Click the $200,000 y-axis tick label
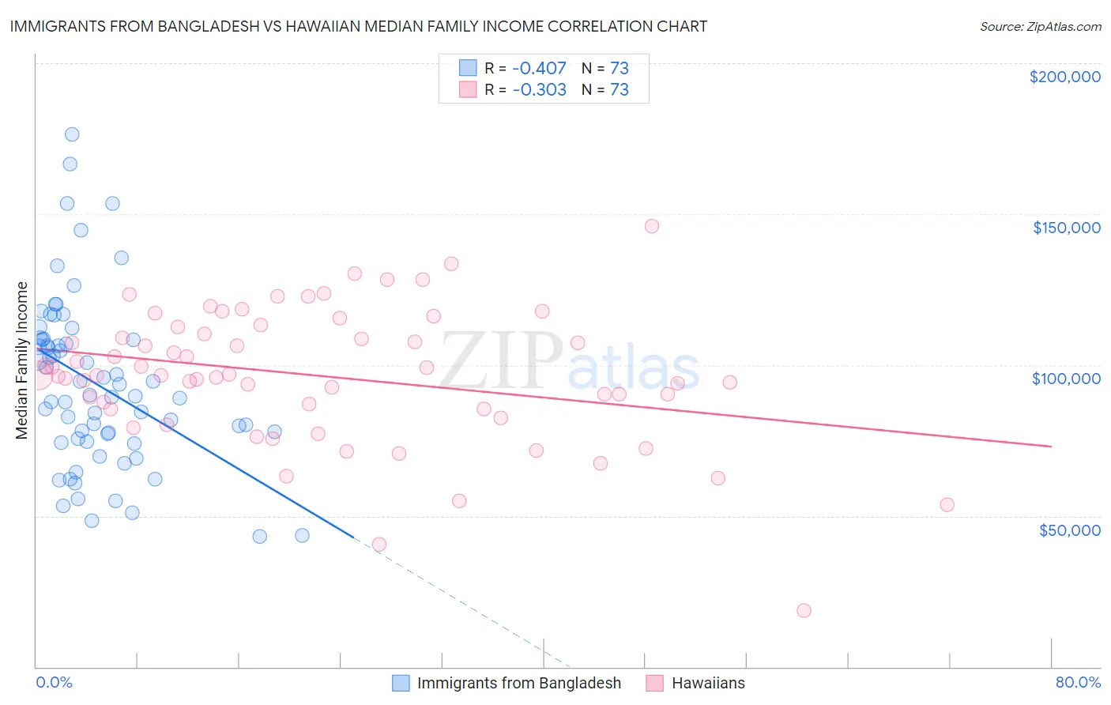click(x=1064, y=77)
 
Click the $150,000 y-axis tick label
click(x=1066, y=228)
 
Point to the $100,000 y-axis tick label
click(x=1066, y=379)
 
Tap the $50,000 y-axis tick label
click(x=1069, y=530)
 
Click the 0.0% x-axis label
click(x=54, y=682)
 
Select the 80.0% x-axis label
click(x=1078, y=682)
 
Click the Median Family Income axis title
click(x=22, y=360)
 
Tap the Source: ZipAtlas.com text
click(x=1040, y=26)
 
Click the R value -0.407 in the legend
click(x=539, y=68)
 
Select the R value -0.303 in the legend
click(x=539, y=89)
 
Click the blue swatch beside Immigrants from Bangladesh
click(x=401, y=683)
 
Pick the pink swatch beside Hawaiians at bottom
click(x=654, y=683)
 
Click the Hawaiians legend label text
click(x=708, y=683)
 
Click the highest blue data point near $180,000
click(x=72, y=134)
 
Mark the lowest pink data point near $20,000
click(x=804, y=610)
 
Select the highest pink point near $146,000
click(x=651, y=226)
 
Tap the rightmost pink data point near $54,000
click(x=947, y=505)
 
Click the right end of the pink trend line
click(x=1051, y=447)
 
